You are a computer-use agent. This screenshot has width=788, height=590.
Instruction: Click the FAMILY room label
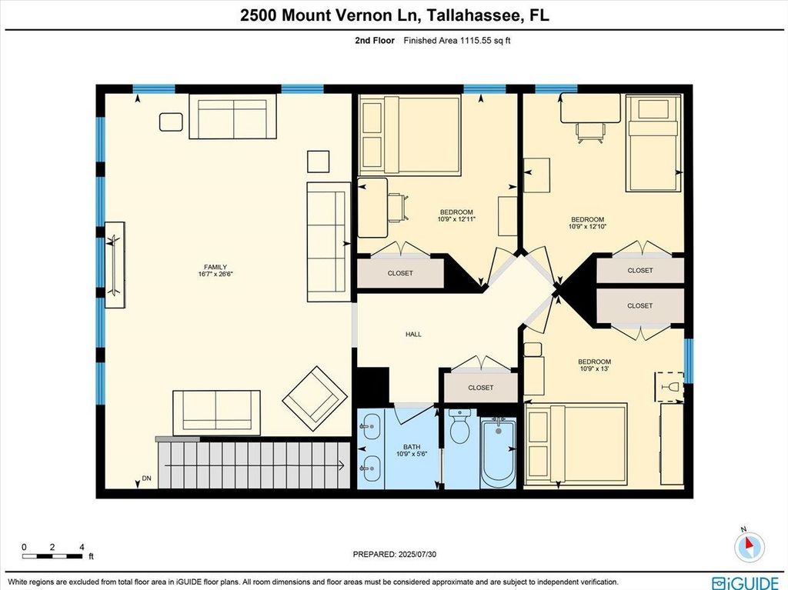[215, 267]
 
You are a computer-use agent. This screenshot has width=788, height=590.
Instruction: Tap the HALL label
[413, 334]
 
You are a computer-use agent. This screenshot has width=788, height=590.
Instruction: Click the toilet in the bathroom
[459, 426]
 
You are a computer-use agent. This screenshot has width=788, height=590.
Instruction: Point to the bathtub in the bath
[498, 452]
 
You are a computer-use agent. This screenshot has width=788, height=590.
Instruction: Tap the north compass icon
[750, 545]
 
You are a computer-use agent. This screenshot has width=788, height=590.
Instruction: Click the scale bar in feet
[52, 556]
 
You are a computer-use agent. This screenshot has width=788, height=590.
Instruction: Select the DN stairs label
[146, 478]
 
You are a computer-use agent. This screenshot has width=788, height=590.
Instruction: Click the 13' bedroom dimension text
[594, 368]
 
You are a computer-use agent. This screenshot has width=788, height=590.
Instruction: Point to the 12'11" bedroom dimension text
[456, 218]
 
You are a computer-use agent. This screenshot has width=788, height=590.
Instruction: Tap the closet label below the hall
[480, 388]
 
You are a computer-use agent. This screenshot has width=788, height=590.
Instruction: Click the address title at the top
[395, 15]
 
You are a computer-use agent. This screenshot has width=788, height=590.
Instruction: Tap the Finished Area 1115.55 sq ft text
[457, 41]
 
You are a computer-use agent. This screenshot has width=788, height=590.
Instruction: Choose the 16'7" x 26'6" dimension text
[215, 274]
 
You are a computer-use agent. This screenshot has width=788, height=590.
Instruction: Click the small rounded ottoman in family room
[171, 122]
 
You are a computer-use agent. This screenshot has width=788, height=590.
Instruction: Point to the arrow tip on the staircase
[344, 465]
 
